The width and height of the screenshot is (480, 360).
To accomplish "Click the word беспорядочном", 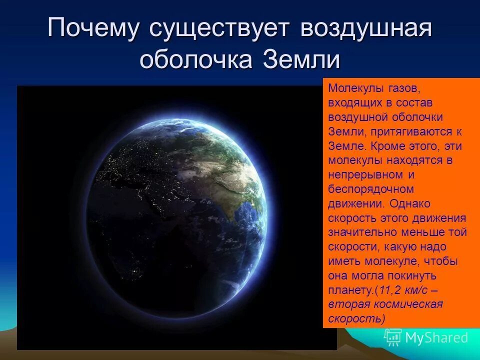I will [x=371, y=189].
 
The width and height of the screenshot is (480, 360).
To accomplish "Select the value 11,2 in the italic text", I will [x=392, y=290].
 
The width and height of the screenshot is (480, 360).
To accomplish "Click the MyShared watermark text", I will [x=436, y=337].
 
